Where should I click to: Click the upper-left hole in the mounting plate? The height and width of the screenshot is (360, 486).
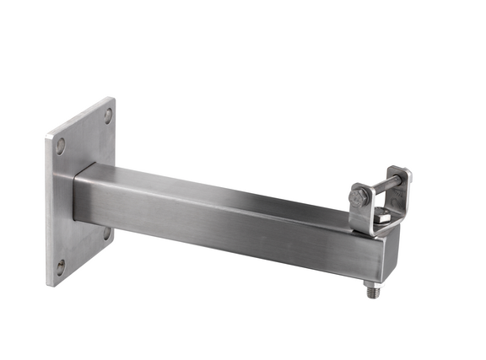60,145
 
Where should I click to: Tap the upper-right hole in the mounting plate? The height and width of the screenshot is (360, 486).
109,116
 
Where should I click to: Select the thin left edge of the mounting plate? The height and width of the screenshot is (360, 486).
49,211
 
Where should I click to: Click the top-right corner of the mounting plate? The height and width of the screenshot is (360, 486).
114,99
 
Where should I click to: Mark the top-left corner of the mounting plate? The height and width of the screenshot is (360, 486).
47,135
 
